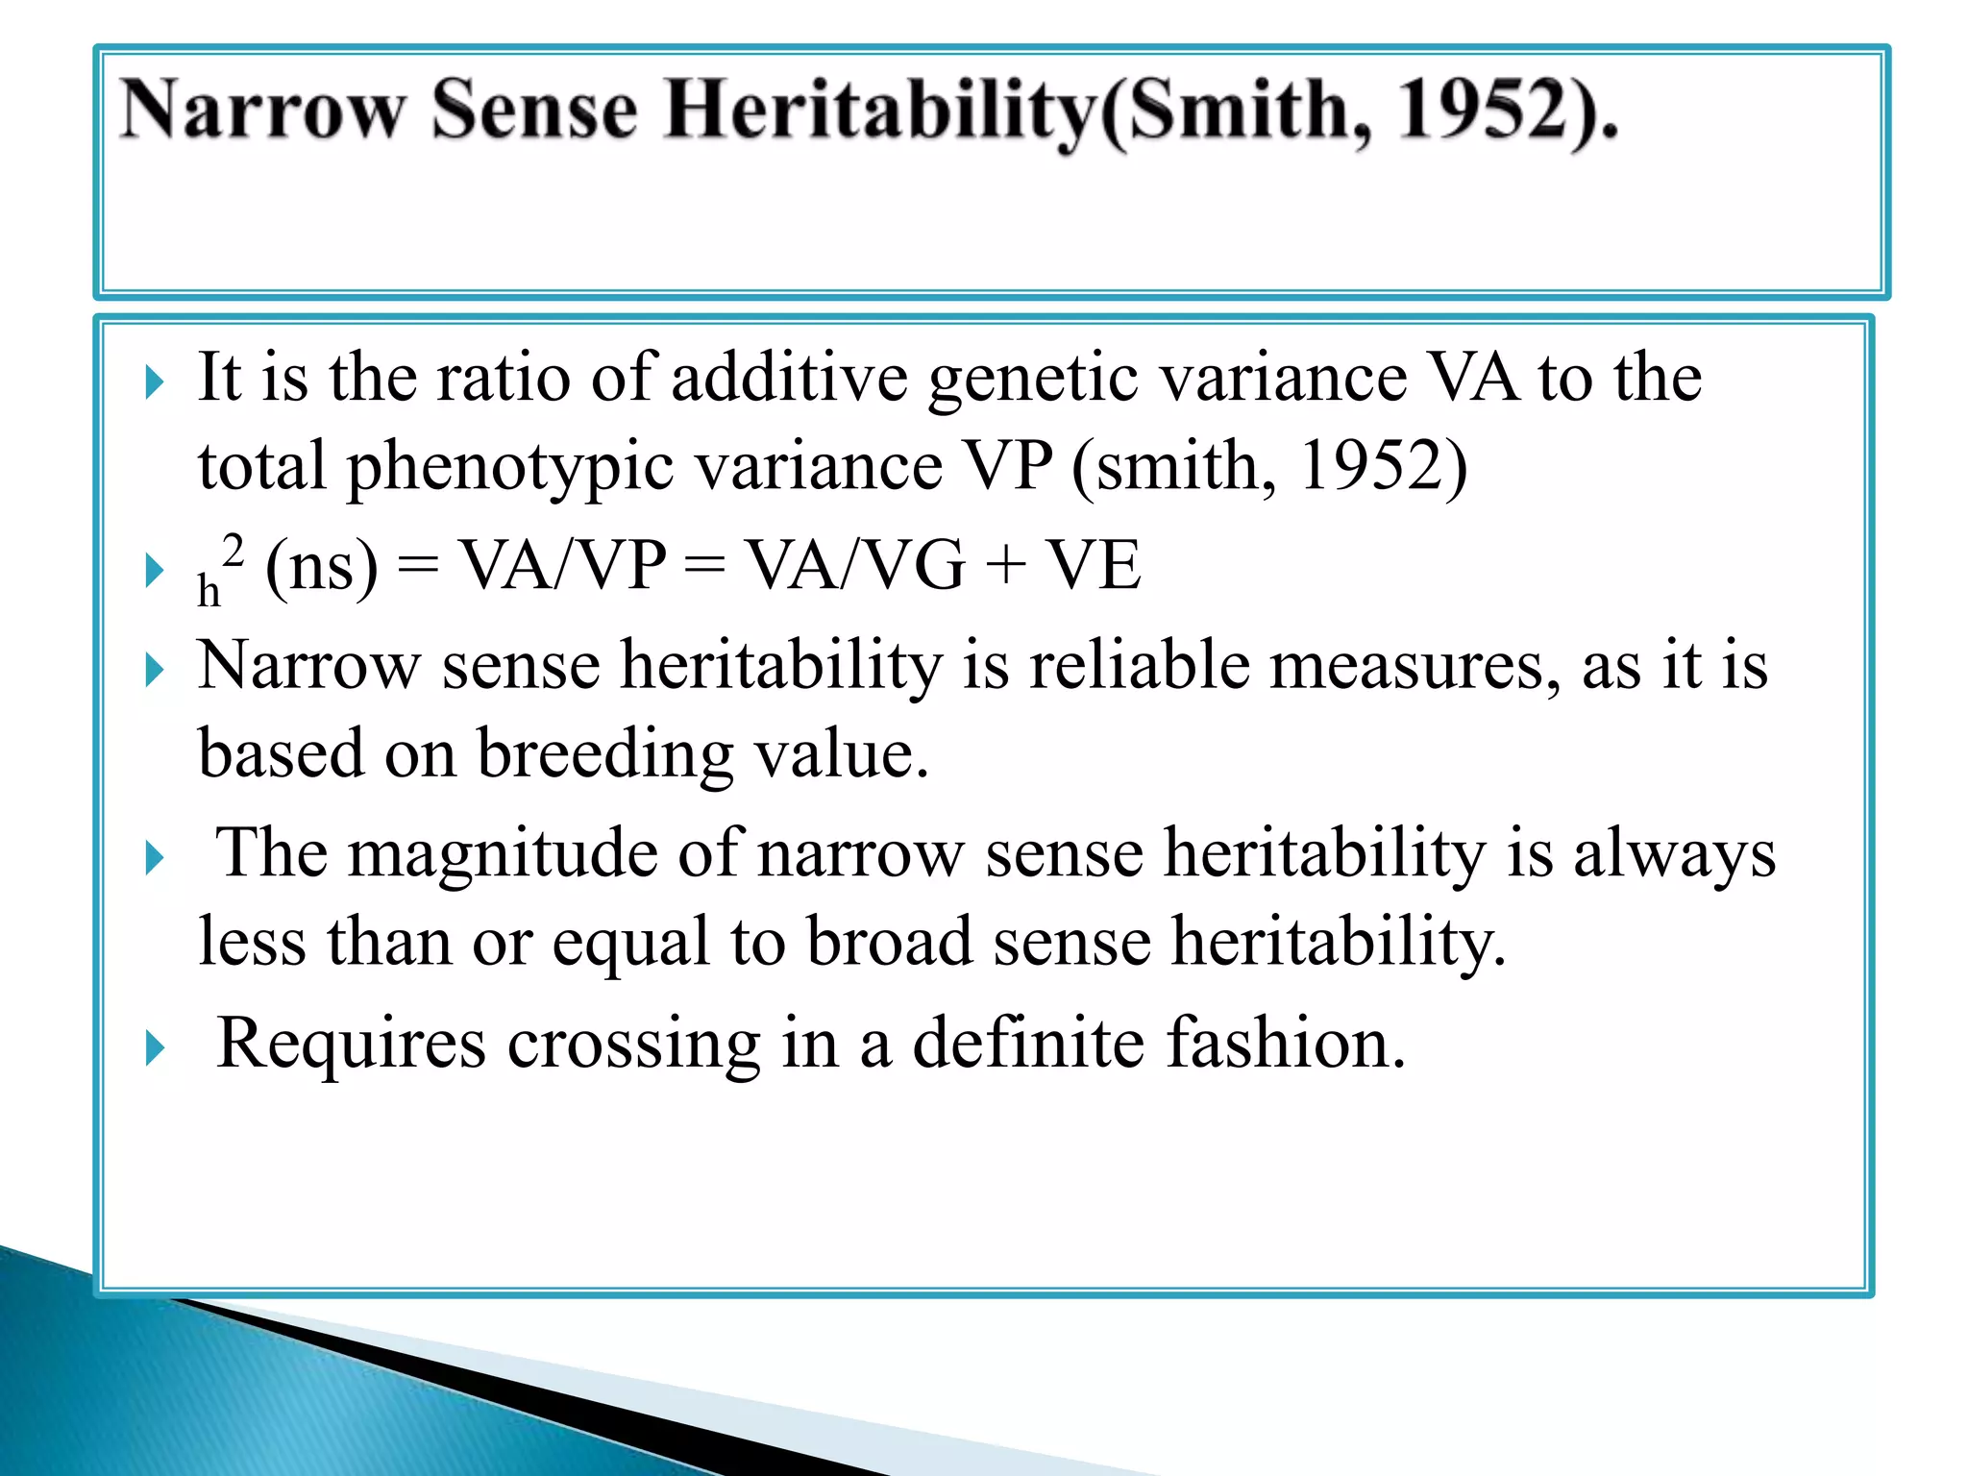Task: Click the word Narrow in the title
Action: coord(261,111)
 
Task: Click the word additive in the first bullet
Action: coord(789,377)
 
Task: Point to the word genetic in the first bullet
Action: coord(1034,377)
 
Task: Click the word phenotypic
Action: coord(510,466)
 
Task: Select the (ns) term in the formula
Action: coord(321,567)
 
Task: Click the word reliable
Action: coord(1139,665)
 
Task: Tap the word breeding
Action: coord(604,754)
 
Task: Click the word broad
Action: coord(889,942)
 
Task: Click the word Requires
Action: coord(351,1044)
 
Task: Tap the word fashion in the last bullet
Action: coord(1285,1044)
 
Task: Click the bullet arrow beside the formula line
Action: coord(155,571)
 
